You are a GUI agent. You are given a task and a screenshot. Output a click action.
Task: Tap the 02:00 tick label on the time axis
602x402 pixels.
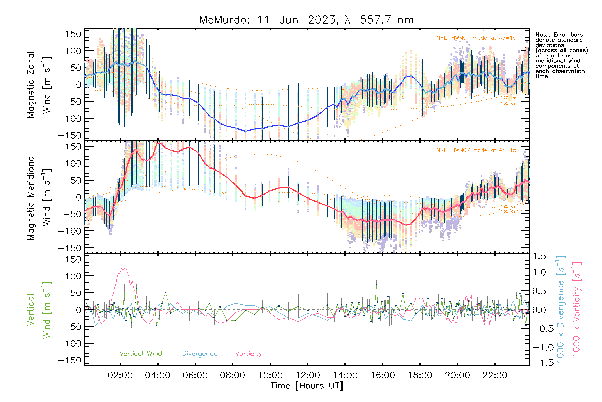coord(120,375)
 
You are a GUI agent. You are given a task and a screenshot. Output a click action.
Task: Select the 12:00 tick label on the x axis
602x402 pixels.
coord(308,375)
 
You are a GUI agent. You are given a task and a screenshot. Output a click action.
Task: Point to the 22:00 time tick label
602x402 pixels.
coord(495,375)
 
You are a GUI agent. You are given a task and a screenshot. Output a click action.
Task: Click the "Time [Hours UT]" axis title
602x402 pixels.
coord(307,386)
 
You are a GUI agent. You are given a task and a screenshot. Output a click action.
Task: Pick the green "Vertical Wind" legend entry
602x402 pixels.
coord(140,354)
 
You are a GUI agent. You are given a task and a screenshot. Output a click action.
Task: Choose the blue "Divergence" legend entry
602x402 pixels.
coord(200,354)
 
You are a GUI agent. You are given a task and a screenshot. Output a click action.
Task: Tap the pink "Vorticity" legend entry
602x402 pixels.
coord(248,354)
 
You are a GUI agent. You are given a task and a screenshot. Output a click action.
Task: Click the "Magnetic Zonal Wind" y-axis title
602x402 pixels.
coord(39,84)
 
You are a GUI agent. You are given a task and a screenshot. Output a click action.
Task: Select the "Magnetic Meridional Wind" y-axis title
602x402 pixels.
coord(39,197)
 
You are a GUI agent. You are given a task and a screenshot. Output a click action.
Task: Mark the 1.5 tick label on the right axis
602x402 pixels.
coord(539,256)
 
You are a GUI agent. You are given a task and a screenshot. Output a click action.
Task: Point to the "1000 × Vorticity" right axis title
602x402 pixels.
coord(577,309)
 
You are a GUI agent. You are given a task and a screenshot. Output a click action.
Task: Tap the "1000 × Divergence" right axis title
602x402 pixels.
coord(561,309)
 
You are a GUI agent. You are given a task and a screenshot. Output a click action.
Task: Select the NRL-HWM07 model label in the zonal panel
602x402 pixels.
coord(476,38)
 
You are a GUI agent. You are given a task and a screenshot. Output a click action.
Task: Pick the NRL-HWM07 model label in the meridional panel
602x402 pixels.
coord(476,150)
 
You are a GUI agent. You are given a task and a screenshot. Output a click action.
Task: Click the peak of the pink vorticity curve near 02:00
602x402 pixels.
coord(123,268)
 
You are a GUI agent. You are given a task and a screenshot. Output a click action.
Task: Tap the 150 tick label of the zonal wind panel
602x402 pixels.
coord(74,34)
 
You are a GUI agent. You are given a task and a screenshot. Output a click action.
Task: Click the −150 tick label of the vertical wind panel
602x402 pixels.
coord(70,360)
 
